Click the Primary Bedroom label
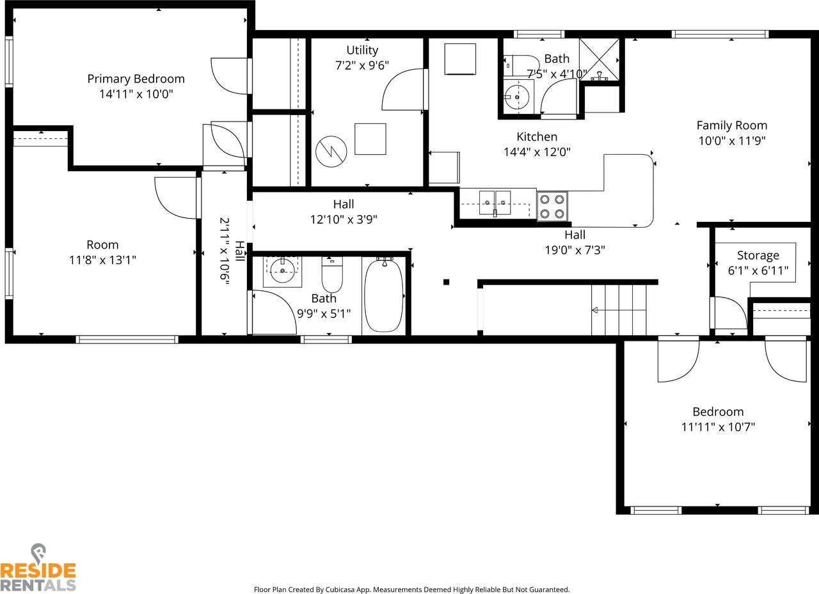point(136,79)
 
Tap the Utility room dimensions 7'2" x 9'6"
point(362,65)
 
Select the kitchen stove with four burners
point(552,206)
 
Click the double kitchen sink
point(495,204)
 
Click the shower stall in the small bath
point(600,60)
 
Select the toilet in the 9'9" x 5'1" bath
point(331,276)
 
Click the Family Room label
point(731,125)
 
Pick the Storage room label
point(758,255)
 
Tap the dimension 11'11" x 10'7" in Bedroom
point(718,426)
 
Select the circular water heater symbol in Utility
point(331,152)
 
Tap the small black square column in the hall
point(446,282)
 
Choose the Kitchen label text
point(537,137)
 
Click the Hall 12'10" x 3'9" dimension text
point(344,219)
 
